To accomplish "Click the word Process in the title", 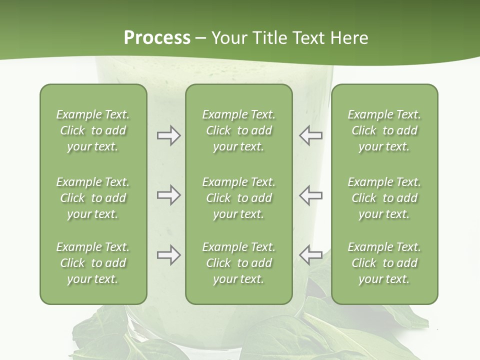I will tap(157, 38).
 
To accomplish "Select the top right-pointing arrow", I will tap(168, 135).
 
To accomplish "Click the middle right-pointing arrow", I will tap(168, 195).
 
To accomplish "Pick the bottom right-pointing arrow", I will tap(168, 255).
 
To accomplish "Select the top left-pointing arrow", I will tap(310, 135).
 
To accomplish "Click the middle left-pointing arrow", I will tap(310, 195).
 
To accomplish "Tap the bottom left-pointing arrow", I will tap(310, 255).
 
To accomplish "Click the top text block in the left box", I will tap(93, 130).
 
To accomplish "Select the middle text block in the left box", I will tap(93, 198).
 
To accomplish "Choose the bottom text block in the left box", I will tap(93, 263).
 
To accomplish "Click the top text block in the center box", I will tap(238, 130).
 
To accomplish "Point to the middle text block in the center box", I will tap(238, 198).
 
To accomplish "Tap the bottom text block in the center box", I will tap(238, 263).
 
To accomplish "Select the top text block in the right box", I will tap(384, 130).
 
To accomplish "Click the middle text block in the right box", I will tap(384, 198).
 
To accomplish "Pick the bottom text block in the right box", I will tap(384, 263).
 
